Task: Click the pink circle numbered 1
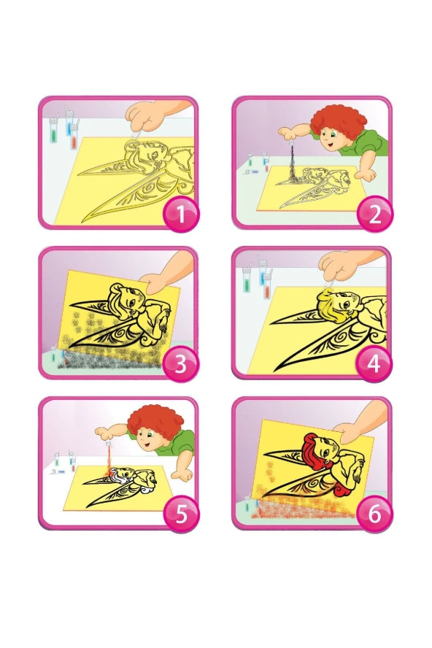click(x=181, y=215)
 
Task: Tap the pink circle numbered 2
click(x=374, y=215)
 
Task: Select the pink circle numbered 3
click(x=181, y=365)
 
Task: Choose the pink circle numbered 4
click(x=374, y=365)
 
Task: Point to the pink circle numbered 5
click(x=181, y=515)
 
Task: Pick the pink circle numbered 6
click(x=374, y=515)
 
